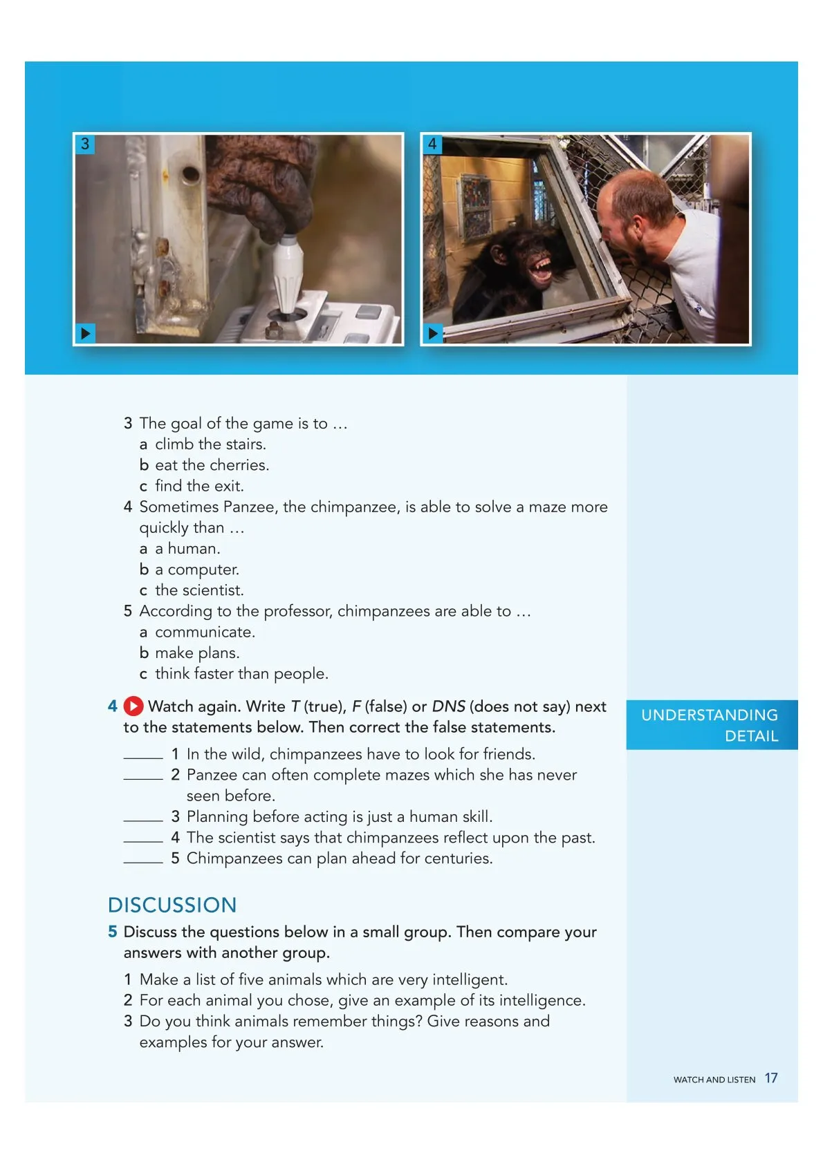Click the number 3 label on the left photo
[x=85, y=144]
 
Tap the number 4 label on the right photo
[x=432, y=144]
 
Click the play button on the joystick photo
[x=85, y=333]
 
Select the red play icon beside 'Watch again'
[x=133, y=706]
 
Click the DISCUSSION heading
[x=172, y=905]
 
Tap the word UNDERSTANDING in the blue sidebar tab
[x=709, y=715]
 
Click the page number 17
[x=771, y=1078]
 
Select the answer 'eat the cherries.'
[x=212, y=465]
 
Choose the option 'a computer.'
[x=196, y=570]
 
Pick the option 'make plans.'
[x=197, y=653]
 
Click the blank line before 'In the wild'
[x=143, y=757]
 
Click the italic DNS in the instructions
[x=448, y=706]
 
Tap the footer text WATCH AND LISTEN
[x=714, y=1080]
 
